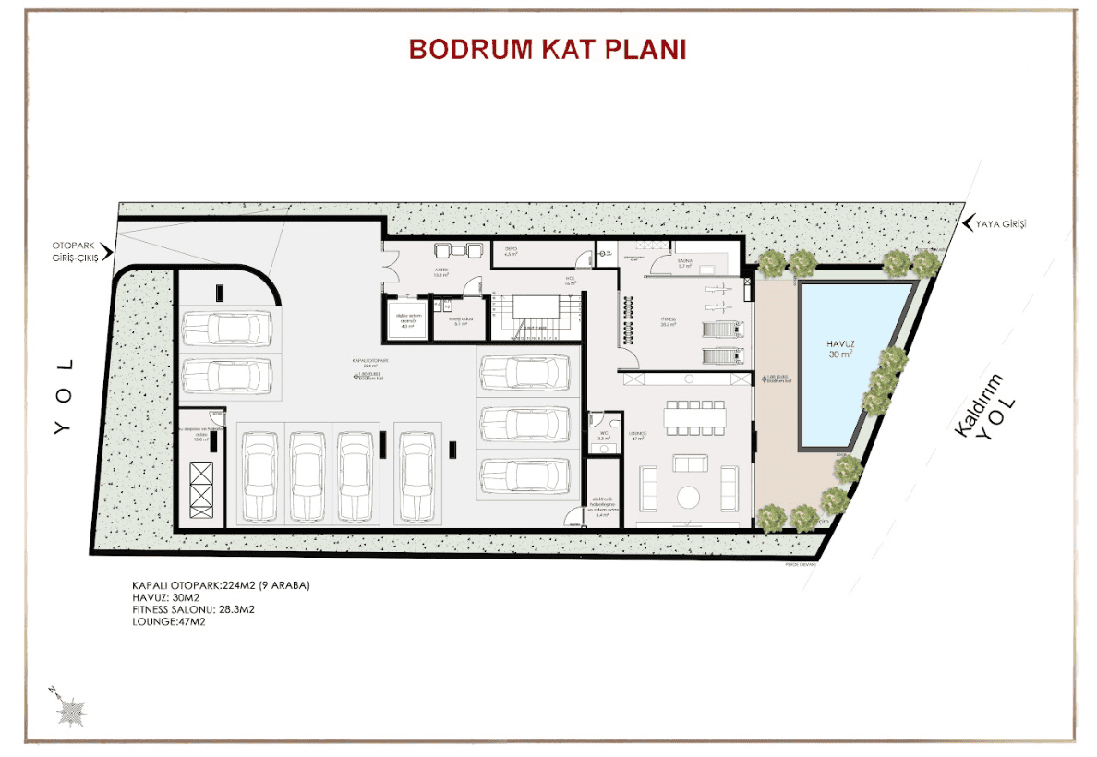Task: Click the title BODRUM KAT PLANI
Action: (x=548, y=49)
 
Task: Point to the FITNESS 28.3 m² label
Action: (x=669, y=321)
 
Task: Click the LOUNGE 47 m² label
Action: (x=636, y=435)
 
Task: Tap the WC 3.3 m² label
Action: (x=601, y=434)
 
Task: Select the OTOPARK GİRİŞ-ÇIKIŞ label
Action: (x=80, y=250)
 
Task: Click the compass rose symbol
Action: (x=70, y=711)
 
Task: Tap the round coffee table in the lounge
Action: (x=689, y=497)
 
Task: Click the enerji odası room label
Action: (x=459, y=321)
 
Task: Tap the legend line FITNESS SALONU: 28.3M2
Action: (x=193, y=609)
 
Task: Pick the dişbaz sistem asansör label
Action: (x=408, y=322)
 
